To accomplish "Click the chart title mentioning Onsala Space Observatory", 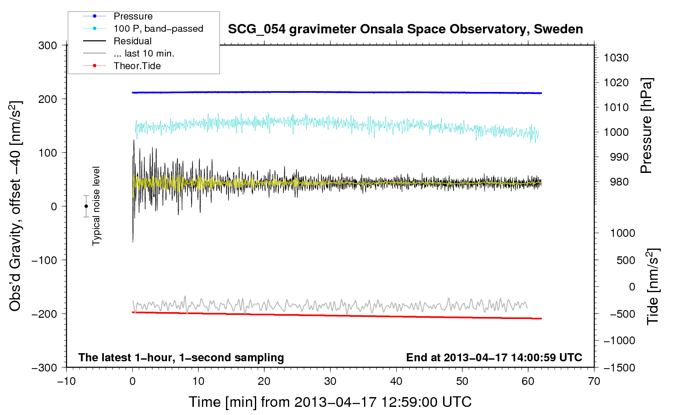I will click(x=405, y=29).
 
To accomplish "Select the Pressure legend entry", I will click(x=133, y=16).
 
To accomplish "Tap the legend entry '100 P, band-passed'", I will click(x=158, y=28).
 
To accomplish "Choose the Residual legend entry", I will click(x=132, y=41).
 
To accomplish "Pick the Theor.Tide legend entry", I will click(x=137, y=66).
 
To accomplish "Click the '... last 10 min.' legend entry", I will click(x=144, y=53).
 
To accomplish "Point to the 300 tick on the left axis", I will click(x=48, y=46).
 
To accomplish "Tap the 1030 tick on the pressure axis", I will click(x=616, y=58).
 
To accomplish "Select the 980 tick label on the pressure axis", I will click(x=619, y=182).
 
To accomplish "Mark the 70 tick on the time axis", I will click(x=594, y=381).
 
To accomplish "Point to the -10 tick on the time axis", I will click(x=66, y=381).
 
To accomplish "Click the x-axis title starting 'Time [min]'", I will click(x=330, y=402).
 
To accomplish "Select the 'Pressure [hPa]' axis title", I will click(x=646, y=126).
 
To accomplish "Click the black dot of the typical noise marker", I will click(x=86, y=206).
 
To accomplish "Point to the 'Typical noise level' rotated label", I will click(x=96, y=206).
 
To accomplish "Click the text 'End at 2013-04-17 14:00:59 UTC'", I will click(x=494, y=357).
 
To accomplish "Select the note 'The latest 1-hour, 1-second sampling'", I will click(x=181, y=357).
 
